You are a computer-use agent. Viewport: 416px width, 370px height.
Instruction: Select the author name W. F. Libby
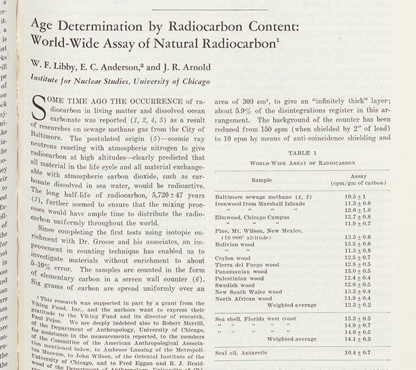click(49, 66)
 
